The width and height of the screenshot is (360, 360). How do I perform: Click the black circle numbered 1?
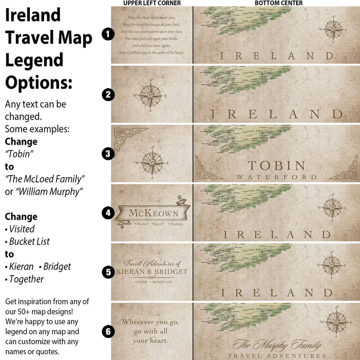tap(108, 34)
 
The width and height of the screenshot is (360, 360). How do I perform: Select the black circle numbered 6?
tap(108, 331)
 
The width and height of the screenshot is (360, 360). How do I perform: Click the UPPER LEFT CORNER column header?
tap(152, 3)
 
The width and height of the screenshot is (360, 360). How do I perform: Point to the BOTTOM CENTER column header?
tap(278, 3)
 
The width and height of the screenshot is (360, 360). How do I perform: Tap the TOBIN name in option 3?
tap(276, 166)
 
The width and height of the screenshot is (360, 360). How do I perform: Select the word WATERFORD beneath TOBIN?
tap(276, 177)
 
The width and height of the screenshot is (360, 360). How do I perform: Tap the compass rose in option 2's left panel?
tap(152, 96)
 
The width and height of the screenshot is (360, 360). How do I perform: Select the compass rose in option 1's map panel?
tap(332, 28)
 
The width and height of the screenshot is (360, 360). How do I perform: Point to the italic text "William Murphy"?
tap(45, 192)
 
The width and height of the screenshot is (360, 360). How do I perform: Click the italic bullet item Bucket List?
tap(29, 241)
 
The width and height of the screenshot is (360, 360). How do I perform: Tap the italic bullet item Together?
tap(26, 279)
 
